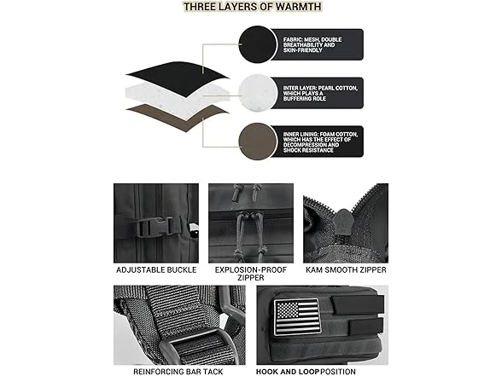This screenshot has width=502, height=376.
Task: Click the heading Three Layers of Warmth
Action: [253, 7]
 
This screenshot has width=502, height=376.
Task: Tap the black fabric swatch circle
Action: [258, 44]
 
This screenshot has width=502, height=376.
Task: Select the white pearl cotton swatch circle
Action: [258, 93]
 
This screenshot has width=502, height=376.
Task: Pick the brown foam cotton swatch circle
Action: [258, 142]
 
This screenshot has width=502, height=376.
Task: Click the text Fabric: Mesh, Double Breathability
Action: [312, 44]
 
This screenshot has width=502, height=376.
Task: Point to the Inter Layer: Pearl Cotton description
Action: [320, 94]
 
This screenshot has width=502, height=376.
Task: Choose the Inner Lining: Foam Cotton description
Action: [320, 142]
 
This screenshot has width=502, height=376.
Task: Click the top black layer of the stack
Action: [178, 78]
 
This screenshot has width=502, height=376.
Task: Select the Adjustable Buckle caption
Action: [156, 270]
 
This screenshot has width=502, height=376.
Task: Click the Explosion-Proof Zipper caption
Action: [251, 274]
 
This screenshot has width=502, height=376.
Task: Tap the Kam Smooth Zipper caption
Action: [346, 270]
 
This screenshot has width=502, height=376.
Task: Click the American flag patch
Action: [296, 317]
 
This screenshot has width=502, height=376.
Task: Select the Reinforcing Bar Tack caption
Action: [178, 372]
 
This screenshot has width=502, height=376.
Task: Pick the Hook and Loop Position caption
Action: [306, 372]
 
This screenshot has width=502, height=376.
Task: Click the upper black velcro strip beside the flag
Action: [358, 305]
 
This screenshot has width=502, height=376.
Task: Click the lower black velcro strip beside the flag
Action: [362, 327]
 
